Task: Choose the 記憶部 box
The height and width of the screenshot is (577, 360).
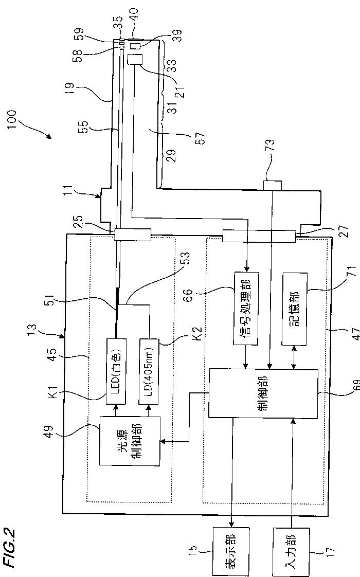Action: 294,302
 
